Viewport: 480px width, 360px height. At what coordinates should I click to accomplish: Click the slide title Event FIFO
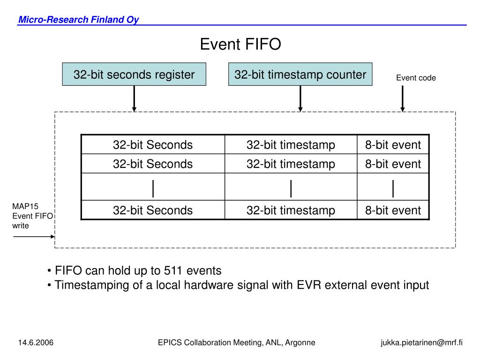coord(240,45)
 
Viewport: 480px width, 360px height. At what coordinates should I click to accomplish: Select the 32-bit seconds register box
coord(134,74)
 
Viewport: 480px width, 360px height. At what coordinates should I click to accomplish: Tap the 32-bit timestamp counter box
coord(300,74)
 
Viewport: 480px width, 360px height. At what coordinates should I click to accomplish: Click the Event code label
coord(416,78)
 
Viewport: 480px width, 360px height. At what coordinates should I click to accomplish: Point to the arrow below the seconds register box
coord(135,98)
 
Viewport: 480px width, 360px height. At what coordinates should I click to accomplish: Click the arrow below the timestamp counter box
coord(300,98)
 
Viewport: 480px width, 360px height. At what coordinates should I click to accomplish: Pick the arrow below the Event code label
coord(402,98)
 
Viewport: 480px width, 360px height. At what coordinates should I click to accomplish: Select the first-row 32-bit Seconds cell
coord(153,145)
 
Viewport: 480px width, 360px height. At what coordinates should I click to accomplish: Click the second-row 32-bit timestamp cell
coord(291,164)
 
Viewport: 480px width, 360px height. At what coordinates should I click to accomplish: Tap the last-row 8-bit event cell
coord(393,210)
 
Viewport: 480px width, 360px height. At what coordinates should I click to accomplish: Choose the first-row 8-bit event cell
coord(393,145)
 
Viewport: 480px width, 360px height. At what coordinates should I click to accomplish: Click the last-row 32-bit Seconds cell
coord(153,210)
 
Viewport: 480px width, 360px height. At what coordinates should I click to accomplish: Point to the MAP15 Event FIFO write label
coord(32,216)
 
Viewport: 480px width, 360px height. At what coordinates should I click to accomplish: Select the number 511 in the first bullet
coord(173,270)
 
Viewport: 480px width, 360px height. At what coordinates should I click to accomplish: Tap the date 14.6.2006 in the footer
coord(36,343)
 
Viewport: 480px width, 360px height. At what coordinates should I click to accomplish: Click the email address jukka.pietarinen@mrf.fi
coord(421,343)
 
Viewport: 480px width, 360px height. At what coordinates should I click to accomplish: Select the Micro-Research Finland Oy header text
coord(78,20)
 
